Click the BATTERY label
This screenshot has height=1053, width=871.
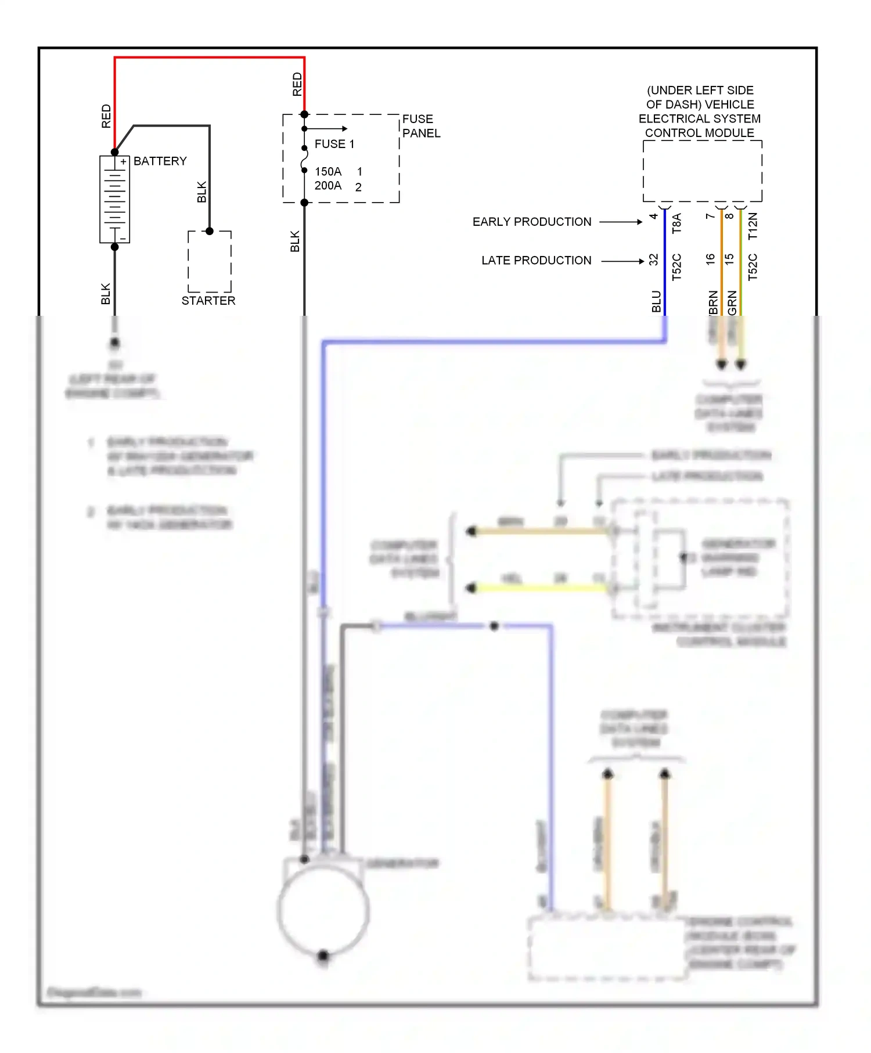[x=160, y=161]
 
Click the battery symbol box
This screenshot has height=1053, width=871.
[x=114, y=199]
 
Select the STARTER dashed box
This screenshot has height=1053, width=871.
[x=210, y=262]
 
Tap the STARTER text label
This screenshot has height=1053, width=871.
[x=208, y=301]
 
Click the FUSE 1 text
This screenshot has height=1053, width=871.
[x=334, y=144]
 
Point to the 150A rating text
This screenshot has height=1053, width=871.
[x=328, y=171]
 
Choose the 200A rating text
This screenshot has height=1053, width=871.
[x=328, y=186]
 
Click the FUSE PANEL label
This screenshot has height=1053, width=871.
[x=421, y=126]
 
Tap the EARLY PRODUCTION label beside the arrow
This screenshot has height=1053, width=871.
[x=531, y=222]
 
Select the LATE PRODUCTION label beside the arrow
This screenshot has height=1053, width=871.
[x=536, y=261]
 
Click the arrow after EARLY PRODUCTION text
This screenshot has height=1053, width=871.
[x=621, y=222]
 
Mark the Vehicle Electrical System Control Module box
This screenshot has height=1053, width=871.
[x=702, y=171]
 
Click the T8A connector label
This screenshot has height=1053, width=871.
[x=676, y=223]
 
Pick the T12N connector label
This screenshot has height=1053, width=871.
[x=753, y=226]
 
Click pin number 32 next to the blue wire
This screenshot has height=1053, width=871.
[x=654, y=259]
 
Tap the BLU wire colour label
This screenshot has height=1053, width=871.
[x=656, y=301]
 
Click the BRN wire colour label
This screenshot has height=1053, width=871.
[x=713, y=303]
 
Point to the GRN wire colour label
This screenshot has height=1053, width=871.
[x=732, y=303]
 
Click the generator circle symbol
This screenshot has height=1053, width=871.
[x=323, y=910]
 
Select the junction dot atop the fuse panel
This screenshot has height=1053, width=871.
[x=304, y=114]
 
